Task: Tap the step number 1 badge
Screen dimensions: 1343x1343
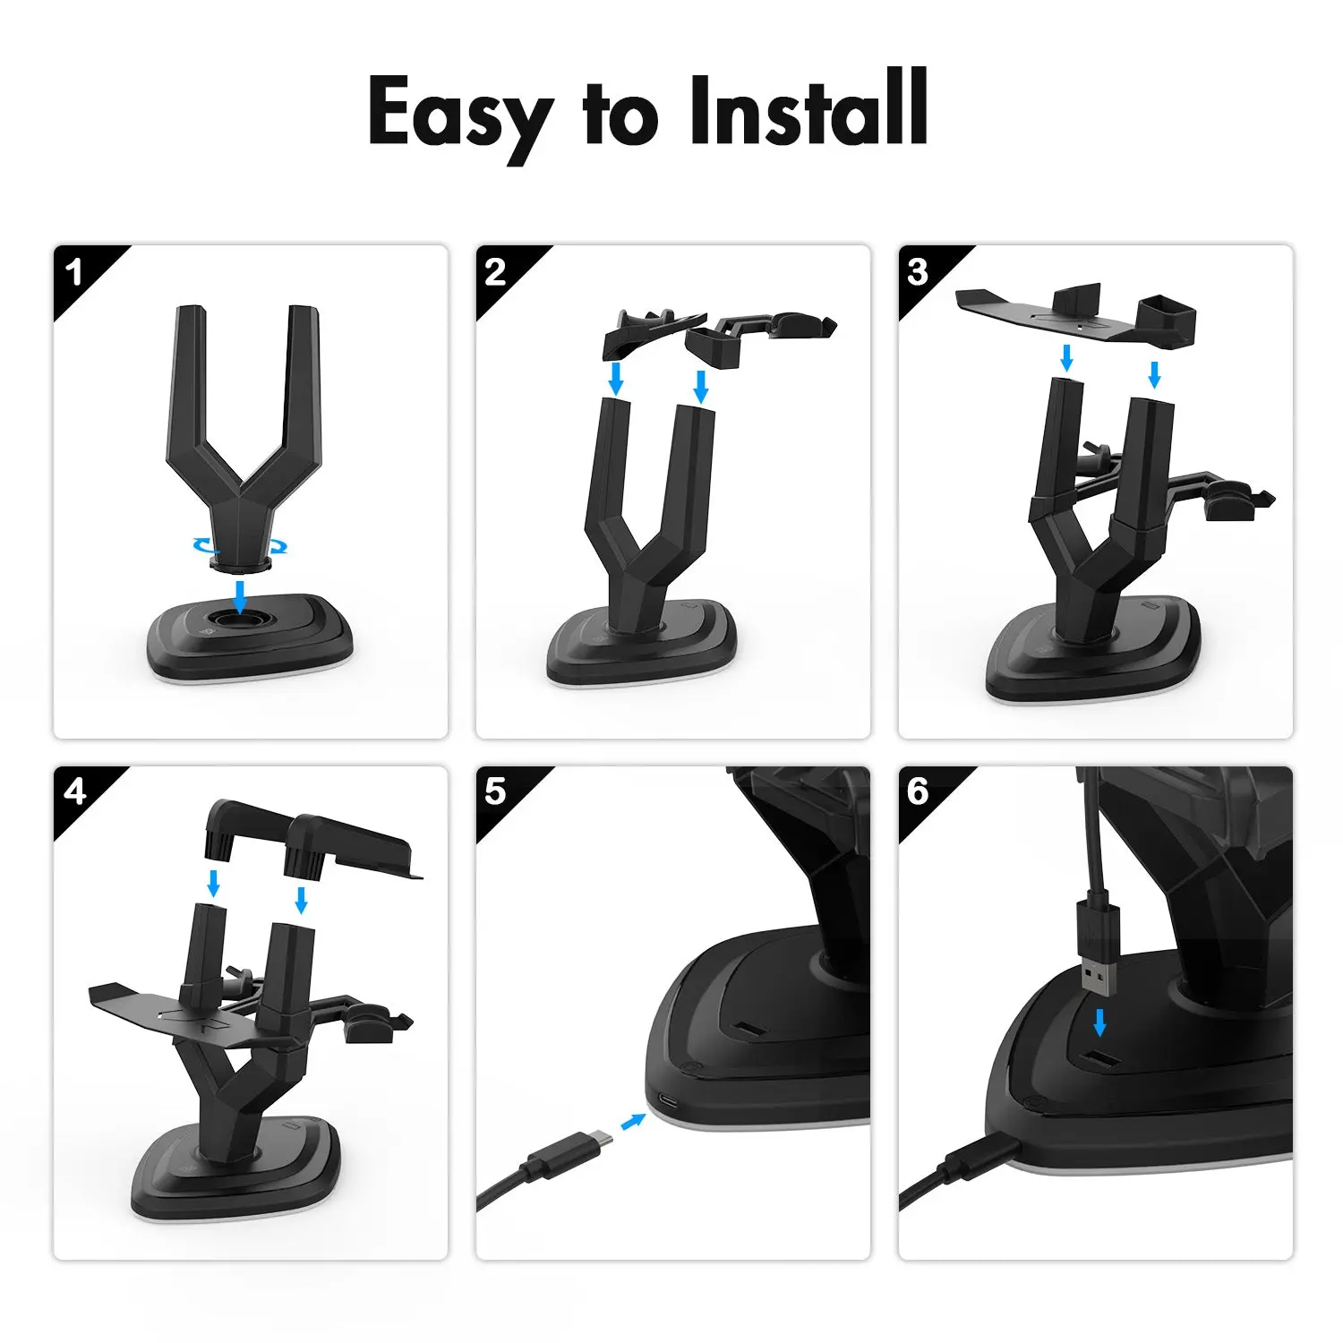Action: [74, 272]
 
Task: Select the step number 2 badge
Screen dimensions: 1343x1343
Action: [495, 272]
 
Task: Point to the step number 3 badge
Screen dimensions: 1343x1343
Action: [918, 272]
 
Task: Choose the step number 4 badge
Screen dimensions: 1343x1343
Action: [74, 791]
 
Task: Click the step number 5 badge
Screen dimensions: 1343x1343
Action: [495, 791]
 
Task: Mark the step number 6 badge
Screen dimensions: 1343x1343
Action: [918, 791]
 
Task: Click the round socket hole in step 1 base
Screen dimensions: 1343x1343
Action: [239, 620]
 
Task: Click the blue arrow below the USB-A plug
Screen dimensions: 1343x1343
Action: [1099, 1022]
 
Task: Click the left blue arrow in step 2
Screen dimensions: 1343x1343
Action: [615, 377]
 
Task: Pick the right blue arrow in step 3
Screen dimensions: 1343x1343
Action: [1154, 373]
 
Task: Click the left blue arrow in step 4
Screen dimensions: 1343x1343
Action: [213, 882]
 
